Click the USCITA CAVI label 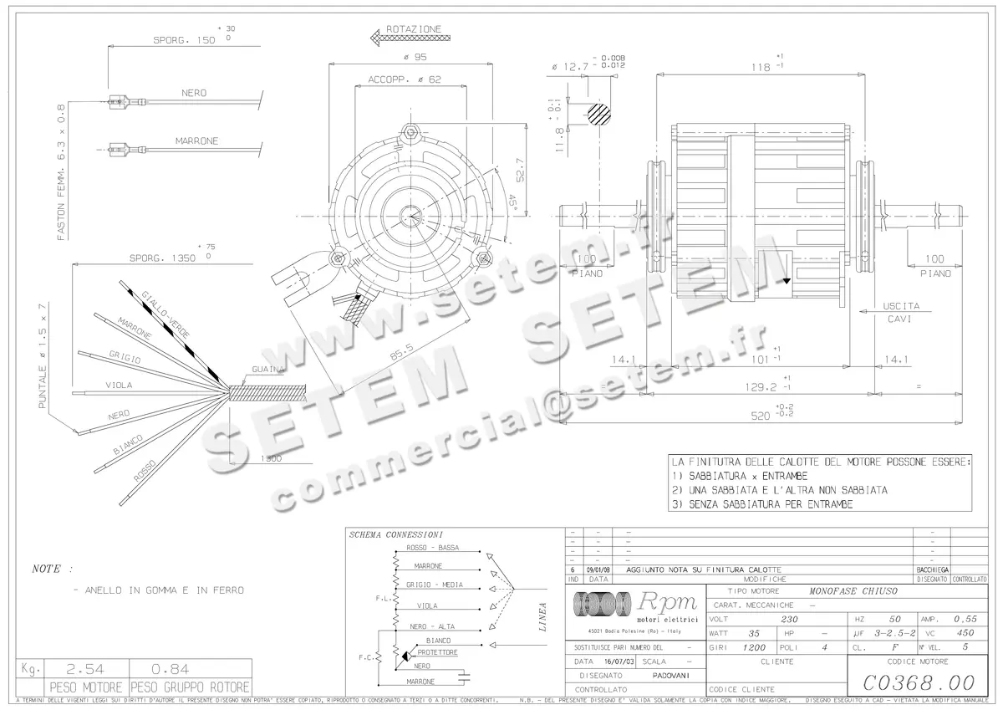[x=901, y=312]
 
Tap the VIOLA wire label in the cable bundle [x=120, y=386]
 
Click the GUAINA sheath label [x=268, y=369]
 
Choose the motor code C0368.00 [x=917, y=682]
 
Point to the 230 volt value [x=778, y=619]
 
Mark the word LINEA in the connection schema [x=542, y=616]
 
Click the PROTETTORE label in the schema [x=437, y=651]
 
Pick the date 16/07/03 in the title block [x=614, y=661]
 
